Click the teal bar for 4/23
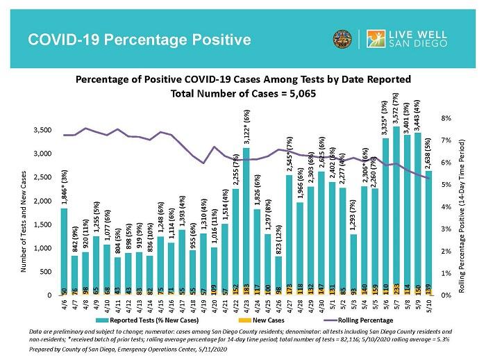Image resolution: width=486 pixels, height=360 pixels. [246, 222]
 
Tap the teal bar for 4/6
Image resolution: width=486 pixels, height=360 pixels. [64, 250]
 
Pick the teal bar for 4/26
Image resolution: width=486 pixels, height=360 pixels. [278, 275]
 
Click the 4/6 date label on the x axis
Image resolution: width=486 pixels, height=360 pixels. [64, 306]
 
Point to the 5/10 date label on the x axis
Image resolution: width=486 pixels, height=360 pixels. [429, 306]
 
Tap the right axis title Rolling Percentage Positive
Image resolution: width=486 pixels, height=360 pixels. [462, 208]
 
